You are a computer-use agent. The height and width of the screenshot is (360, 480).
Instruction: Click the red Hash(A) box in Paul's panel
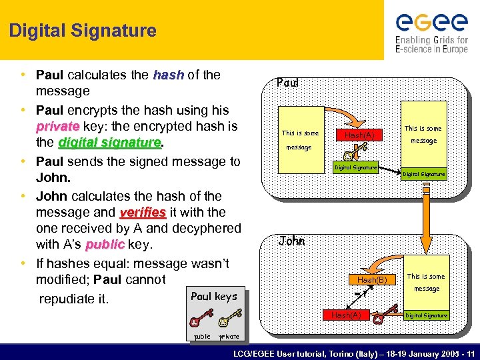359,135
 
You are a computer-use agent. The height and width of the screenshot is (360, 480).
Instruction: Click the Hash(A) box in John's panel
347,315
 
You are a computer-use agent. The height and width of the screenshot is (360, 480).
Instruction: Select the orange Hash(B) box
372,280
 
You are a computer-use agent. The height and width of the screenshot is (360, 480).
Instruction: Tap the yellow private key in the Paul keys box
229,319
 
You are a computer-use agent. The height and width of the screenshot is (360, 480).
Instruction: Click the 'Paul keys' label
213,297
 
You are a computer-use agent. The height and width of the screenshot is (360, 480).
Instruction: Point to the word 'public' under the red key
201,337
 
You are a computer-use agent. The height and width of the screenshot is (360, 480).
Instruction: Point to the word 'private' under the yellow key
229,337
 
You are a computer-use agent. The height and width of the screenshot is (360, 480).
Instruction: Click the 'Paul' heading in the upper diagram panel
287,84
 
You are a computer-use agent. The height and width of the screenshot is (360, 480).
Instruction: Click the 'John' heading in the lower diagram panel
291,241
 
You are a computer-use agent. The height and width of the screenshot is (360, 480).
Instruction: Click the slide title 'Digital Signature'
83,31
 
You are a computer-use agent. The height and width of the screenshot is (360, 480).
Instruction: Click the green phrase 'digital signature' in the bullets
110,143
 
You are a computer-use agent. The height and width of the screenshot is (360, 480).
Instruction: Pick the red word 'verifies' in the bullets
143,212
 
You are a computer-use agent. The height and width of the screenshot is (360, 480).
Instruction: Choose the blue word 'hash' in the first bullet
168,75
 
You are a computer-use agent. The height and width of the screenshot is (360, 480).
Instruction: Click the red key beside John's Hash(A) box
379,317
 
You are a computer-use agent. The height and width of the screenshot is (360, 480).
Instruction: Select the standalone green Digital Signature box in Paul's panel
355,167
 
